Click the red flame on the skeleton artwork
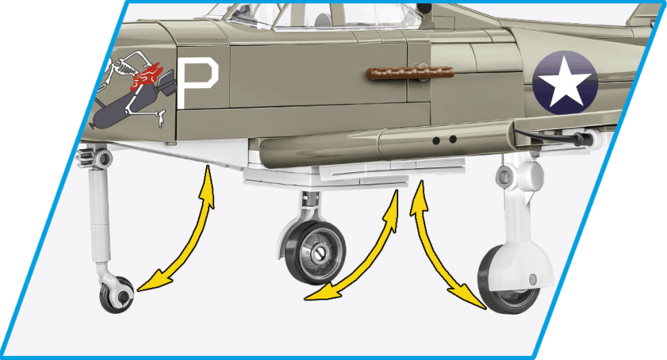point(148,78)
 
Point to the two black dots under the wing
point(441,140)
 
